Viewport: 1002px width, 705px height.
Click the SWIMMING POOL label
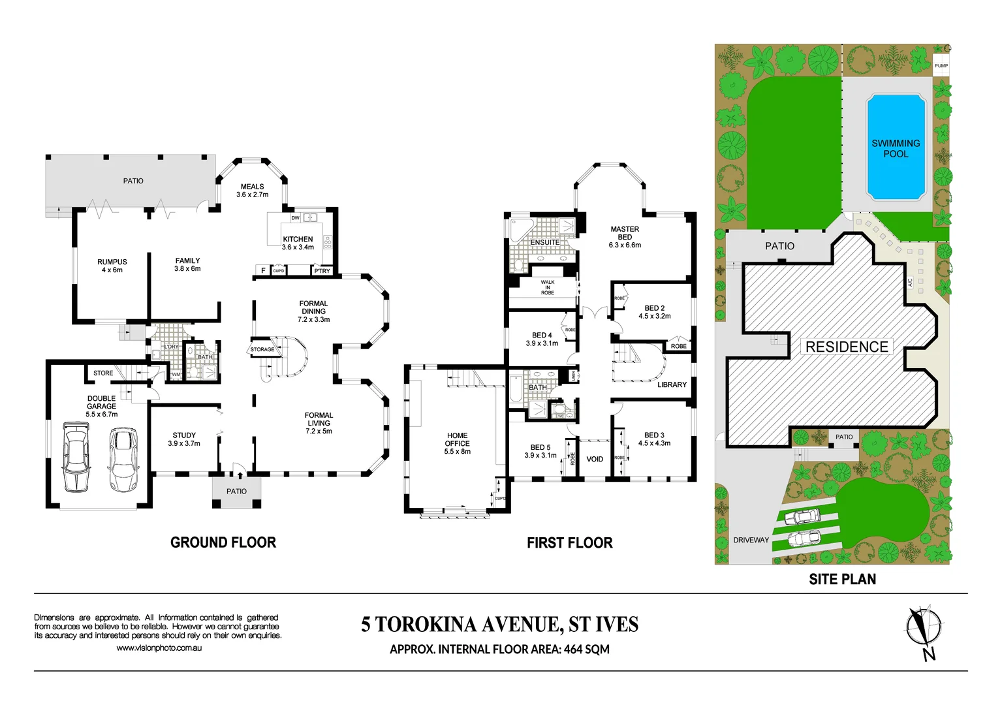click(x=896, y=148)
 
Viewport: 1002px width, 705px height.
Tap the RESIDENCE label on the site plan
click(x=847, y=347)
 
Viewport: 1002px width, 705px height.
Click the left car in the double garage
click(x=76, y=457)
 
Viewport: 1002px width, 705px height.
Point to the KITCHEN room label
click(x=298, y=239)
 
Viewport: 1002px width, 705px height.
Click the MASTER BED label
click(x=625, y=233)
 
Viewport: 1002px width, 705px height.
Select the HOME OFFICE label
click(x=457, y=439)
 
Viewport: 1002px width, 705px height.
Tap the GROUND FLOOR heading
click(x=223, y=542)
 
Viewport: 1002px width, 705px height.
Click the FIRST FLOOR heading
click(x=569, y=543)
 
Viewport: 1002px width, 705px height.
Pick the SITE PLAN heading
click(x=842, y=579)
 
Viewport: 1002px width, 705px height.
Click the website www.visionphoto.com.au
click(x=159, y=648)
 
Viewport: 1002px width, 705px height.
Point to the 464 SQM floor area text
click(x=586, y=650)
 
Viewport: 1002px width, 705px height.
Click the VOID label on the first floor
click(x=595, y=459)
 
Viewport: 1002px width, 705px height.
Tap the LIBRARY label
click(x=672, y=384)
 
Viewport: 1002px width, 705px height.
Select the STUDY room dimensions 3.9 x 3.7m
click(x=184, y=443)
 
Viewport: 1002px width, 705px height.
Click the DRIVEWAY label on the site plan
click(x=751, y=540)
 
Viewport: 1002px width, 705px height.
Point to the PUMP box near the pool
click(x=941, y=66)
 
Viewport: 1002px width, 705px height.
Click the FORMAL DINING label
click(x=313, y=307)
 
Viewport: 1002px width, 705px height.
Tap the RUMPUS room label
click(x=112, y=262)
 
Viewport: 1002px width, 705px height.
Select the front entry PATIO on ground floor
click(x=236, y=491)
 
